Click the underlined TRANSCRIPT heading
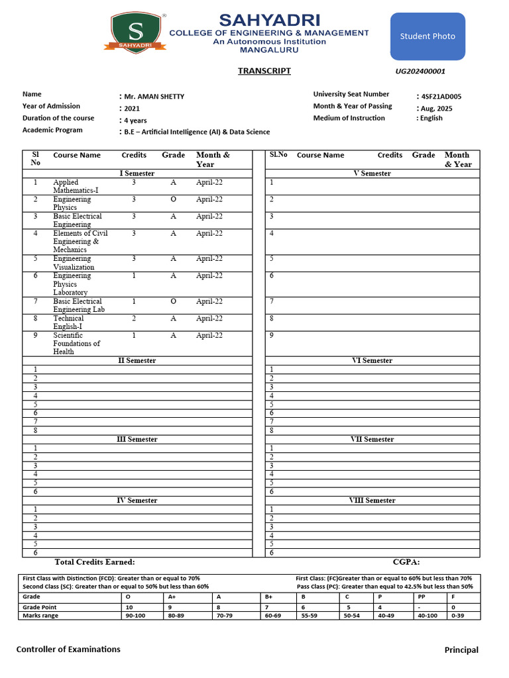264,72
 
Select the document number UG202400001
420,72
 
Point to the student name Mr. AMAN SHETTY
154,97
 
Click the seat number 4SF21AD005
441,97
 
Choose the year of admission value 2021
133,109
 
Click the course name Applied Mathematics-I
76,186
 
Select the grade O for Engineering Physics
173,199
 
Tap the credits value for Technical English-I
134,318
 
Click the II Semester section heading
137,361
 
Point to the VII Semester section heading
372,440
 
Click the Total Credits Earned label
95,562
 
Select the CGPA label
406,562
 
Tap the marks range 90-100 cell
136,616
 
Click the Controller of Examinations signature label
68,650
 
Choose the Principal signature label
461,650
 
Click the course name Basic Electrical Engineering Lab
79,305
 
